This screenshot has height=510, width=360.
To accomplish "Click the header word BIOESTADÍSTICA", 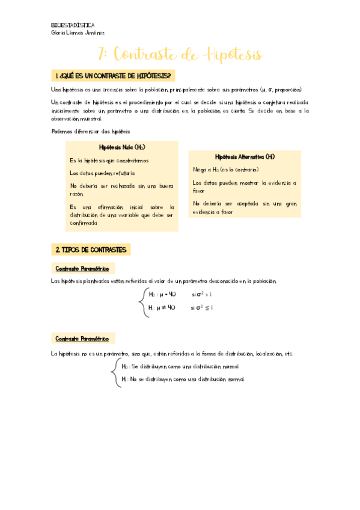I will pyautogui.click(x=73, y=25).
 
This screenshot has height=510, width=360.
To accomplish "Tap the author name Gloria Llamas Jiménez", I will pyautogui.click(x=78, y=33).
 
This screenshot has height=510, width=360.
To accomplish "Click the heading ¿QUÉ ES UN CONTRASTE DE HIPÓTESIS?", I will pyautogui.click(x=115, y=76).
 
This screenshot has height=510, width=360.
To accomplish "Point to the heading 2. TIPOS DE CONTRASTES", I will pyautogui.click(x=91, y=249).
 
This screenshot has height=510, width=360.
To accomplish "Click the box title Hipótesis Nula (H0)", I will pyautogui.click(x=121, y=147).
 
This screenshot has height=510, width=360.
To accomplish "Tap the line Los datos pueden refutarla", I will pyautogui.click(x=102, y=173).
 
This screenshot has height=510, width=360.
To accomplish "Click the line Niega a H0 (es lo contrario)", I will pyautogui.click(x=225, y=170).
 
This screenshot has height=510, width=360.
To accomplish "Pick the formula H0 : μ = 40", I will pyautogui.click(x=162, y=295).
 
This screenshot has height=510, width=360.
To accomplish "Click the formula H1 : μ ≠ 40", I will pyautogui.click(x=162, y=307).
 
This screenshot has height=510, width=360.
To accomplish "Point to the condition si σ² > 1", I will pyautogui.click(x=203, y=295).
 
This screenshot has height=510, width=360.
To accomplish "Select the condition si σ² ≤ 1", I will pyautogui.click(x=203, y=307).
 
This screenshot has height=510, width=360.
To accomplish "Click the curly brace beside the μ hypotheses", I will pyautogui.click(x=142, y=301).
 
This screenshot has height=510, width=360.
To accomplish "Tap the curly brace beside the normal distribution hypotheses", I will pyautogui.click(x=115, y=373).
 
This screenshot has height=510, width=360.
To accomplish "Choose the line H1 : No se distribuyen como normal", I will pyautogui.click(x=183, y=379).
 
